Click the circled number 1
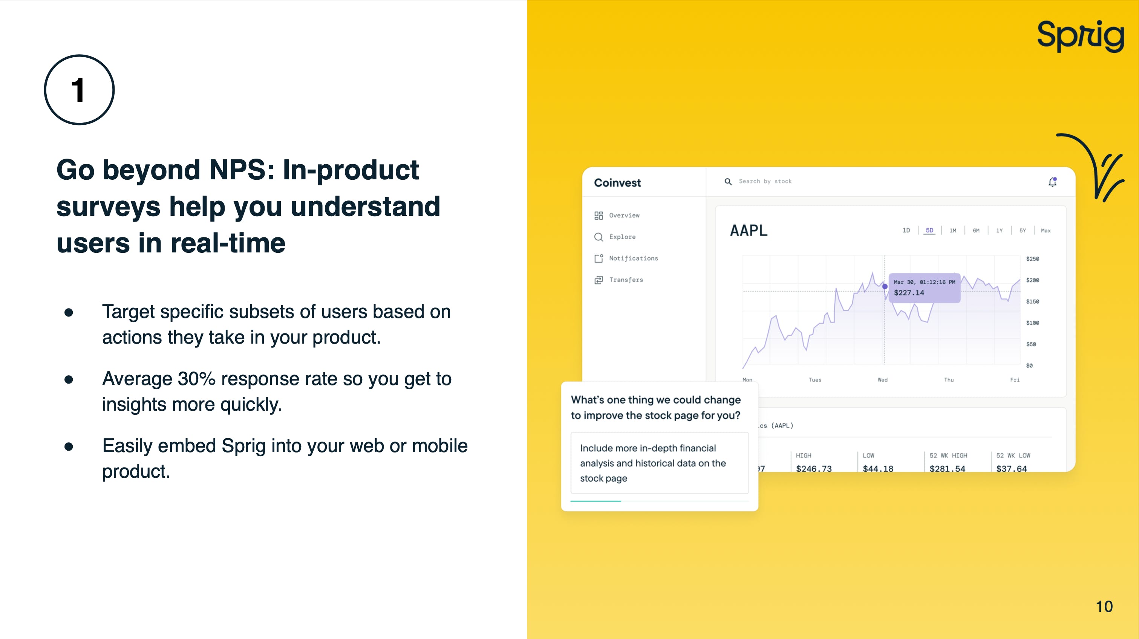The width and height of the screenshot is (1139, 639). pos(79,90)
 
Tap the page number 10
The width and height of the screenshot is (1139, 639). pos(1104,606)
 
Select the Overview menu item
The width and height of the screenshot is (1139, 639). pos(624,215)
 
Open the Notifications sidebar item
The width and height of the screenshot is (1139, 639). pos(633,258)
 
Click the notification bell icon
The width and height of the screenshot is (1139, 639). pos(1053,182)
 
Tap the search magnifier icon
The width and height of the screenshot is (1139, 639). pos(728,182)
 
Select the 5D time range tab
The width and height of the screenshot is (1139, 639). pos(929,230)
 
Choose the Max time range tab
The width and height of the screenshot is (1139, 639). pos(1046,230)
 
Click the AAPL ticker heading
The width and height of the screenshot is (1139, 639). pos(749,230)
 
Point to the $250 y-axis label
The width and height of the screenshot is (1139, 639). pos(1032,258)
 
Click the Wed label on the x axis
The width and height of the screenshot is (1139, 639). pos(883,380)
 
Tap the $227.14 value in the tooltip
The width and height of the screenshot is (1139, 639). pos(909,292)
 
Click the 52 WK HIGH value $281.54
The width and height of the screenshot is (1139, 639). pos(947,468)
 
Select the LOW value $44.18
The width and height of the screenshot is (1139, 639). pos(878,468)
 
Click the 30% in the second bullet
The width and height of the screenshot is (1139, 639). pos(196,379)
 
